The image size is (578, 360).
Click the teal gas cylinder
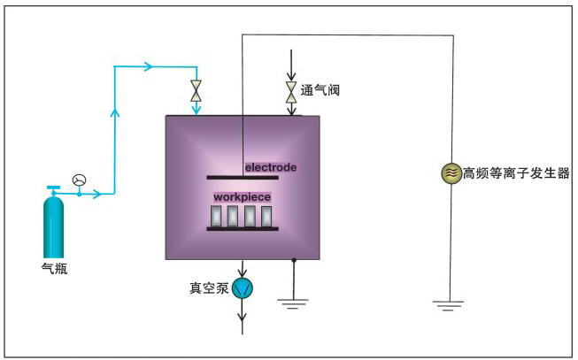coord(54,225)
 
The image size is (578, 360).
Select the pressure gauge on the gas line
coord(80,180)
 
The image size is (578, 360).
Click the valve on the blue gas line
coord(197,90)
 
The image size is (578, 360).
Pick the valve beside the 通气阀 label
coord(290,90)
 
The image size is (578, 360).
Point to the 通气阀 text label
coord(320,90)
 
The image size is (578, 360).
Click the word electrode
coord(270,167)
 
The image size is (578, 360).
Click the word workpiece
coord(242,197)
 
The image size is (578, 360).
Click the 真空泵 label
coord(209,287)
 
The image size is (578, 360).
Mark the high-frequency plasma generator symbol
coord(451,173)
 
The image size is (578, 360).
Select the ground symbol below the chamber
coord(293,303)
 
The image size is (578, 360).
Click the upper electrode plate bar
coord(243,177)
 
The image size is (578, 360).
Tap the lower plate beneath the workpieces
coord(243,230)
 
